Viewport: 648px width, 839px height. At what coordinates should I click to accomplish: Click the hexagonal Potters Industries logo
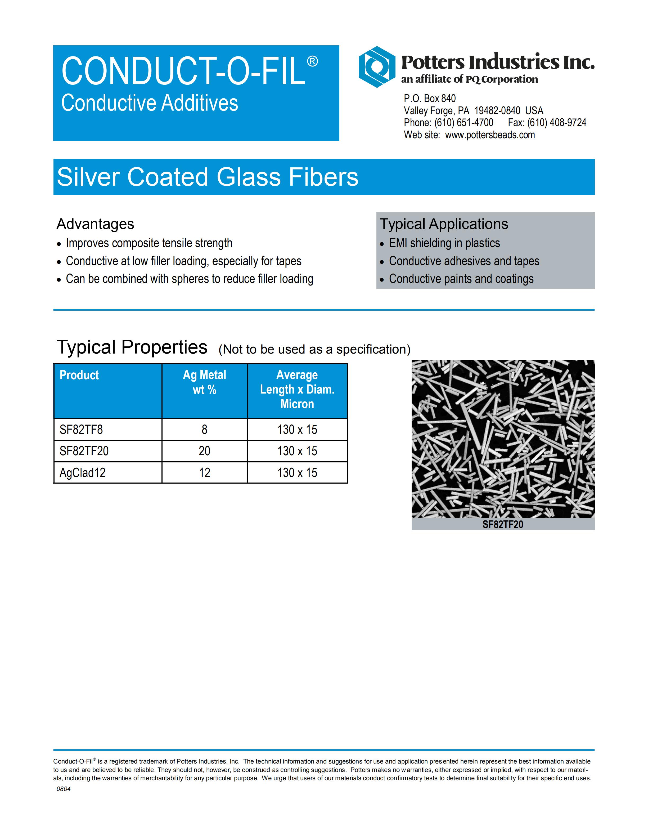(377, 67)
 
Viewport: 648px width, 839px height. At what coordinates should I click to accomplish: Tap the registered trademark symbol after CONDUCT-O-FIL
(312, 61)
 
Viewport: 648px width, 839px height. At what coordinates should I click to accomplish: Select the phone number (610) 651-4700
(464, 123)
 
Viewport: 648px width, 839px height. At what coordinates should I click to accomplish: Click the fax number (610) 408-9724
(556, 123)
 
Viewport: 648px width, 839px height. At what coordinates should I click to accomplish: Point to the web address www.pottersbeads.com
(490, 135)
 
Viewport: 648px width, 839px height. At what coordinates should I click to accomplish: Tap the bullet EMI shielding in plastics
(444, 243)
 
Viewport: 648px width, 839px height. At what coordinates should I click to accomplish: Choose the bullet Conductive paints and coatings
(461, 279)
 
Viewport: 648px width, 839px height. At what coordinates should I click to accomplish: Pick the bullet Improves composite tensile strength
(149, 243)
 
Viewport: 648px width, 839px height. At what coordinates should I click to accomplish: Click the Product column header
(79, 375)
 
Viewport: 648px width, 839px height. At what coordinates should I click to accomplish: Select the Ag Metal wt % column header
(205, 382)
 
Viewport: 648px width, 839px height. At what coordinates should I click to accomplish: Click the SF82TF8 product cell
(81, 430)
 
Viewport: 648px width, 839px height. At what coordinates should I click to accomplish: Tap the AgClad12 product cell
(83, 472)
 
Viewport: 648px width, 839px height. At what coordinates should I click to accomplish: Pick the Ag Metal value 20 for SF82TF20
(205, 451)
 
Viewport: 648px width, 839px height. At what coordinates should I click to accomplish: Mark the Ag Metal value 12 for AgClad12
(205, 472)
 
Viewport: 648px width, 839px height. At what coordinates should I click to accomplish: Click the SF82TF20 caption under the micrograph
(503, 524)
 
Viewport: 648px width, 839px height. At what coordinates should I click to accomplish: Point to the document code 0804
(63, 789)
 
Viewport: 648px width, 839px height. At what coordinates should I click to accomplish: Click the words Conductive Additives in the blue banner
(150, 103)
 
